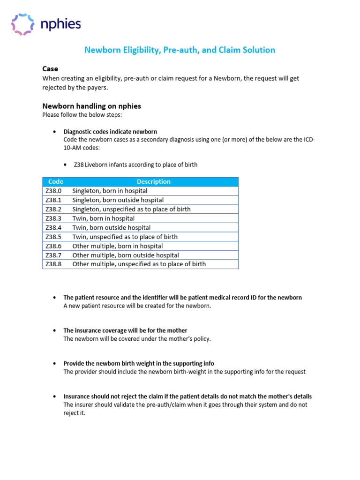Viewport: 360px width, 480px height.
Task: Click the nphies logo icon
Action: (22, 24)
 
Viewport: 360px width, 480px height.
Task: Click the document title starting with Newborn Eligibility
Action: (180, 50)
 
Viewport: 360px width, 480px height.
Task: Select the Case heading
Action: (50, 68)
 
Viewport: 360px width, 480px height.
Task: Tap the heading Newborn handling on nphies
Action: (91, 106)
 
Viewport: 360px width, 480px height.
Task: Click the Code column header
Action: (56, 181)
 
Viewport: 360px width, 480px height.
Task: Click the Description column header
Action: (153, 181)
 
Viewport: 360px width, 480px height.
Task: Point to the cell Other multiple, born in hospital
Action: (118, 246)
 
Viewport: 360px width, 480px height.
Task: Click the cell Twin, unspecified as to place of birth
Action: (125, 237)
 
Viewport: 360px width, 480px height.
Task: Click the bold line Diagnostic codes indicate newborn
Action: (110, 132)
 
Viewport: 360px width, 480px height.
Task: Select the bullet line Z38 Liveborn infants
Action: (135, 165)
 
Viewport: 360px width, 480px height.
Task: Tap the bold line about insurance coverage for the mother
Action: (125, 330)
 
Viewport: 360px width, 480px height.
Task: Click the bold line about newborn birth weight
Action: (139, 363)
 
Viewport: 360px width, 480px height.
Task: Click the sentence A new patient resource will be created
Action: (137, 306)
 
